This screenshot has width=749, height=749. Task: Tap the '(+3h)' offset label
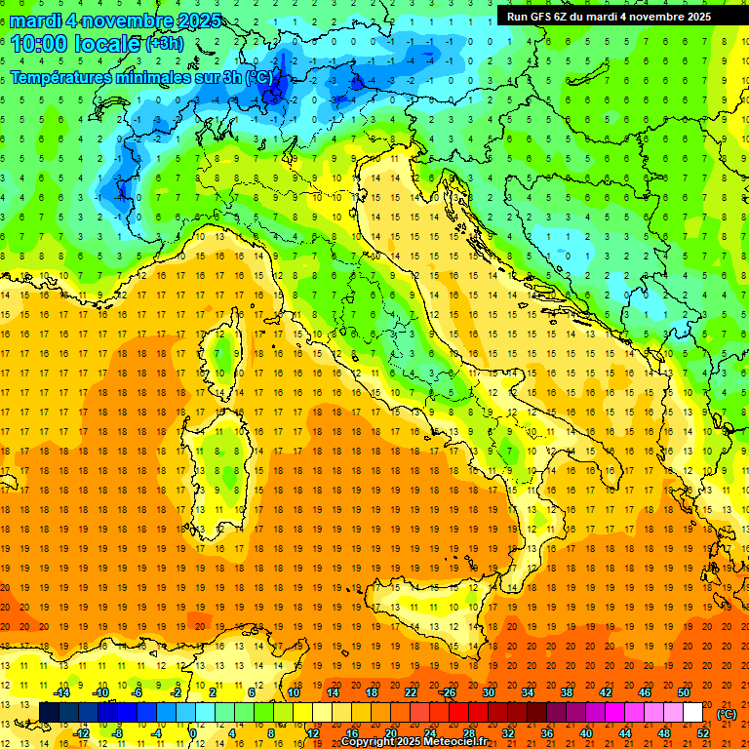tap(163, 44)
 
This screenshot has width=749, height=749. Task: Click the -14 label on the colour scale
tap(60, 691)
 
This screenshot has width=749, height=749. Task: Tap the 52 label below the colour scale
tap(701, 732)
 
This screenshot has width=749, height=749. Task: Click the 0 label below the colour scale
tap(192, 732)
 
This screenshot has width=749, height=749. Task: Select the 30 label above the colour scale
tap(489, 691)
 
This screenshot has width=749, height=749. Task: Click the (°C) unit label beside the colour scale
tap(726, 714)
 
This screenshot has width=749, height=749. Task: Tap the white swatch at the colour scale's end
tap(692, 712)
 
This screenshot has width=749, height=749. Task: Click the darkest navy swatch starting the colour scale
tap(49, 712)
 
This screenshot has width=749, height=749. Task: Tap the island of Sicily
tap(429, 614)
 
